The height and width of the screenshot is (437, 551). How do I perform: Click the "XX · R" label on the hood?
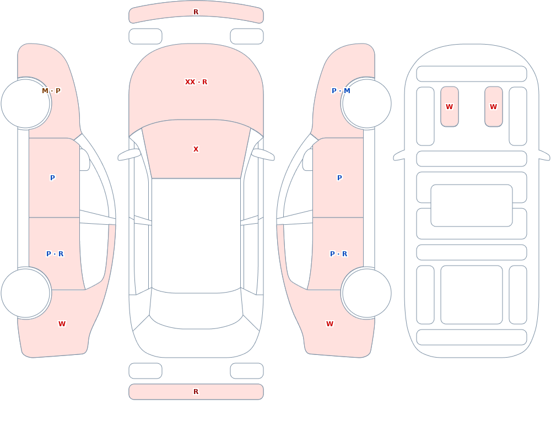click(196, 82)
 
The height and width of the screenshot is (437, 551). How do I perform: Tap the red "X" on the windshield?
click(196, 149)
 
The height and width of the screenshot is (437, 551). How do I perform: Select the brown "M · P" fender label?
click(51, 91)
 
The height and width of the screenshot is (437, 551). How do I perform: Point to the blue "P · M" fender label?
click(341, 91)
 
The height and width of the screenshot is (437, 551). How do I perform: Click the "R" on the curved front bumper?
click(196, 12)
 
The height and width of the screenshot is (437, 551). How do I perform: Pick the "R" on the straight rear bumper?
click(196, 392)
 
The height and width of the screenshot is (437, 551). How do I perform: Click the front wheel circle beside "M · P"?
click(26, 104)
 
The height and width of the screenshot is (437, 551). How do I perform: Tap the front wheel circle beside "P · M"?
click(366, 104)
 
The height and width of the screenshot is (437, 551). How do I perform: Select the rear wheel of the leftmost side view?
click(26, 293)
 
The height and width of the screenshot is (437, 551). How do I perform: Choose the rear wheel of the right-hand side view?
click(366, 293)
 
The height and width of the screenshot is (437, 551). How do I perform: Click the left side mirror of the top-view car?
click(128, 154)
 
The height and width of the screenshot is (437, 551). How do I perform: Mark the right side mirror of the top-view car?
click(263, 154)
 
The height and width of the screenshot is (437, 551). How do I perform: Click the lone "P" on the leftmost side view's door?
click(52, 178)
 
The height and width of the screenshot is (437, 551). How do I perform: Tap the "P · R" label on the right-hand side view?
click(339, 254)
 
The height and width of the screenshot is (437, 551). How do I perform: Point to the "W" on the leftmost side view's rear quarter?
click(62, 324)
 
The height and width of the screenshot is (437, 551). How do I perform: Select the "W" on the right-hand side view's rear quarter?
click(329, 324)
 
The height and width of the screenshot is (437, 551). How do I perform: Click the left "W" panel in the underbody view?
click(450, 106)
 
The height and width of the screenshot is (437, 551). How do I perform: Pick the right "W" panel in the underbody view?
click(494, 106)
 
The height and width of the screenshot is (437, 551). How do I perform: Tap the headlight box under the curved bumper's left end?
click(145, 36)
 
